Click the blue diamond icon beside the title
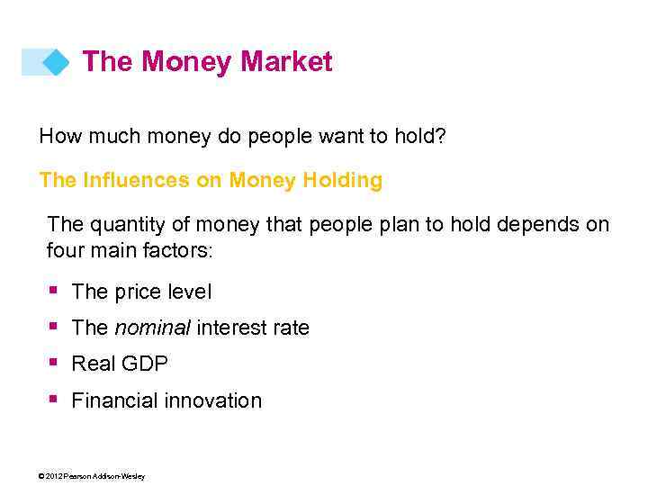[x=56, y=62]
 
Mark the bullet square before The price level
[x=54, y=290]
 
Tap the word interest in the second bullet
[x=229, y=328]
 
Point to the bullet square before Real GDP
[x=54, y=362]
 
